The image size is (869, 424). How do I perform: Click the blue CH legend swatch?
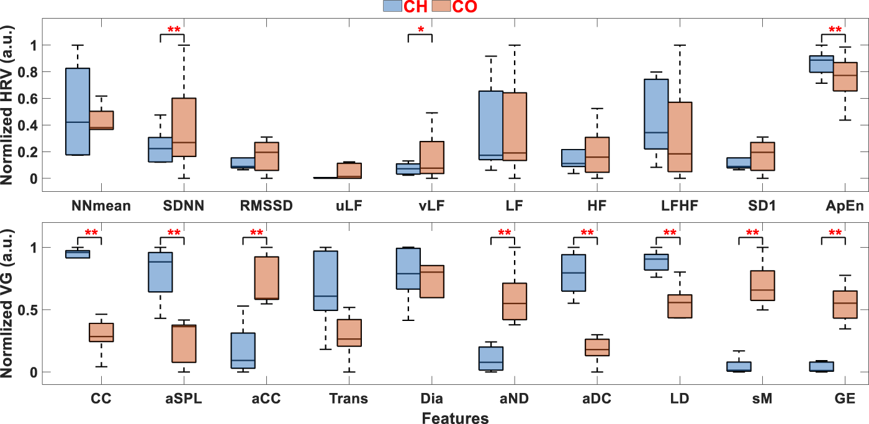(392, 7)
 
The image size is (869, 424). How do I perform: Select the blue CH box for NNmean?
(78, 111)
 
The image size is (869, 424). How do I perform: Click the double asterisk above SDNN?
(173, 29)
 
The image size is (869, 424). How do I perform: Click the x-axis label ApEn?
(829, 205)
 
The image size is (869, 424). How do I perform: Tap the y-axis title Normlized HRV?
(8, 106)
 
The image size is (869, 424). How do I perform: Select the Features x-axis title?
(455, 418)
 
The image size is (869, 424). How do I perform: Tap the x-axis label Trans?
(348, 399)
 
